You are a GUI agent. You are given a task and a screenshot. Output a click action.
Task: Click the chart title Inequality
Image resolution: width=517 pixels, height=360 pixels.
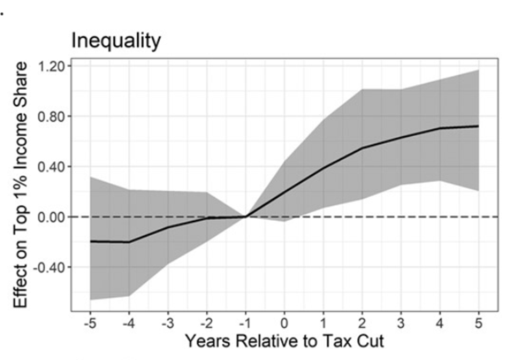point(116,40)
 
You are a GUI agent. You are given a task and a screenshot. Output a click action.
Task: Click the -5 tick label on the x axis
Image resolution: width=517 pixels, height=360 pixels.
point(89,322)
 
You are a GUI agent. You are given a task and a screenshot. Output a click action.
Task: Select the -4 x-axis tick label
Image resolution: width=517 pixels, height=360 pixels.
point(128,322)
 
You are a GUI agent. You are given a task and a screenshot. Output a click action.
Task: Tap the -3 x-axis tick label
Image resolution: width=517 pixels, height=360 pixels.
point(167,322)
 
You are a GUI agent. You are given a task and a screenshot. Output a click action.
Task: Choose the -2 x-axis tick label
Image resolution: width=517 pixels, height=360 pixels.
point(206,322)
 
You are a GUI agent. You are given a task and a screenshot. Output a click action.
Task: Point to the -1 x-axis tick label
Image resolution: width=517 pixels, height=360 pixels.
point(245,322)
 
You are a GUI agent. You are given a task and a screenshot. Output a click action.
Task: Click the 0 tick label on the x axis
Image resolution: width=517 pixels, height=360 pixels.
point(285,322)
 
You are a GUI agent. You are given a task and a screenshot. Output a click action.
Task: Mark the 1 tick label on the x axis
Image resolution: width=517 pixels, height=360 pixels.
point(323,322)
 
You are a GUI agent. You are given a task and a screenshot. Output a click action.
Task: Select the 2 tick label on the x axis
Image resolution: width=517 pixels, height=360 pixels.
point(361,322)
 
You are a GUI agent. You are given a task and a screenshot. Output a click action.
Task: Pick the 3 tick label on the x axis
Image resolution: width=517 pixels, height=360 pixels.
point(400,322)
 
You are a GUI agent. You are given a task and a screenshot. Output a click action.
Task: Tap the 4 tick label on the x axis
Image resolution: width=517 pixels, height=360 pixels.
point(439,322)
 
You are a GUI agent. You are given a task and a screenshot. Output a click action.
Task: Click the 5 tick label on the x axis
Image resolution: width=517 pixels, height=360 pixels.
point(477,322)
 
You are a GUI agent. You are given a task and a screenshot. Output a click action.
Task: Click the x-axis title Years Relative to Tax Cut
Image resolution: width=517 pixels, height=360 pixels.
point(284,341)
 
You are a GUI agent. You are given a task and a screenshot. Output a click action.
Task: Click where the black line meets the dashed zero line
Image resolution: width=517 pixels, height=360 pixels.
point(245,217)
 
